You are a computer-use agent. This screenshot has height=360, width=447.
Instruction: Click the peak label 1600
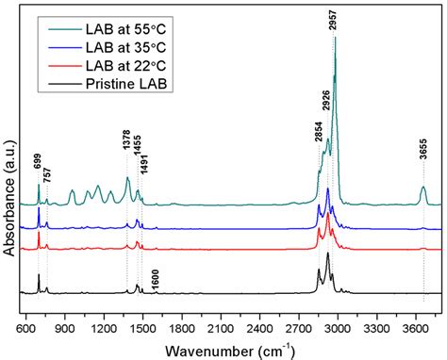[x=156, y=279]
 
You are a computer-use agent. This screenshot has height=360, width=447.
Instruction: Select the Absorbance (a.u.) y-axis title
[x=10, y=170]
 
